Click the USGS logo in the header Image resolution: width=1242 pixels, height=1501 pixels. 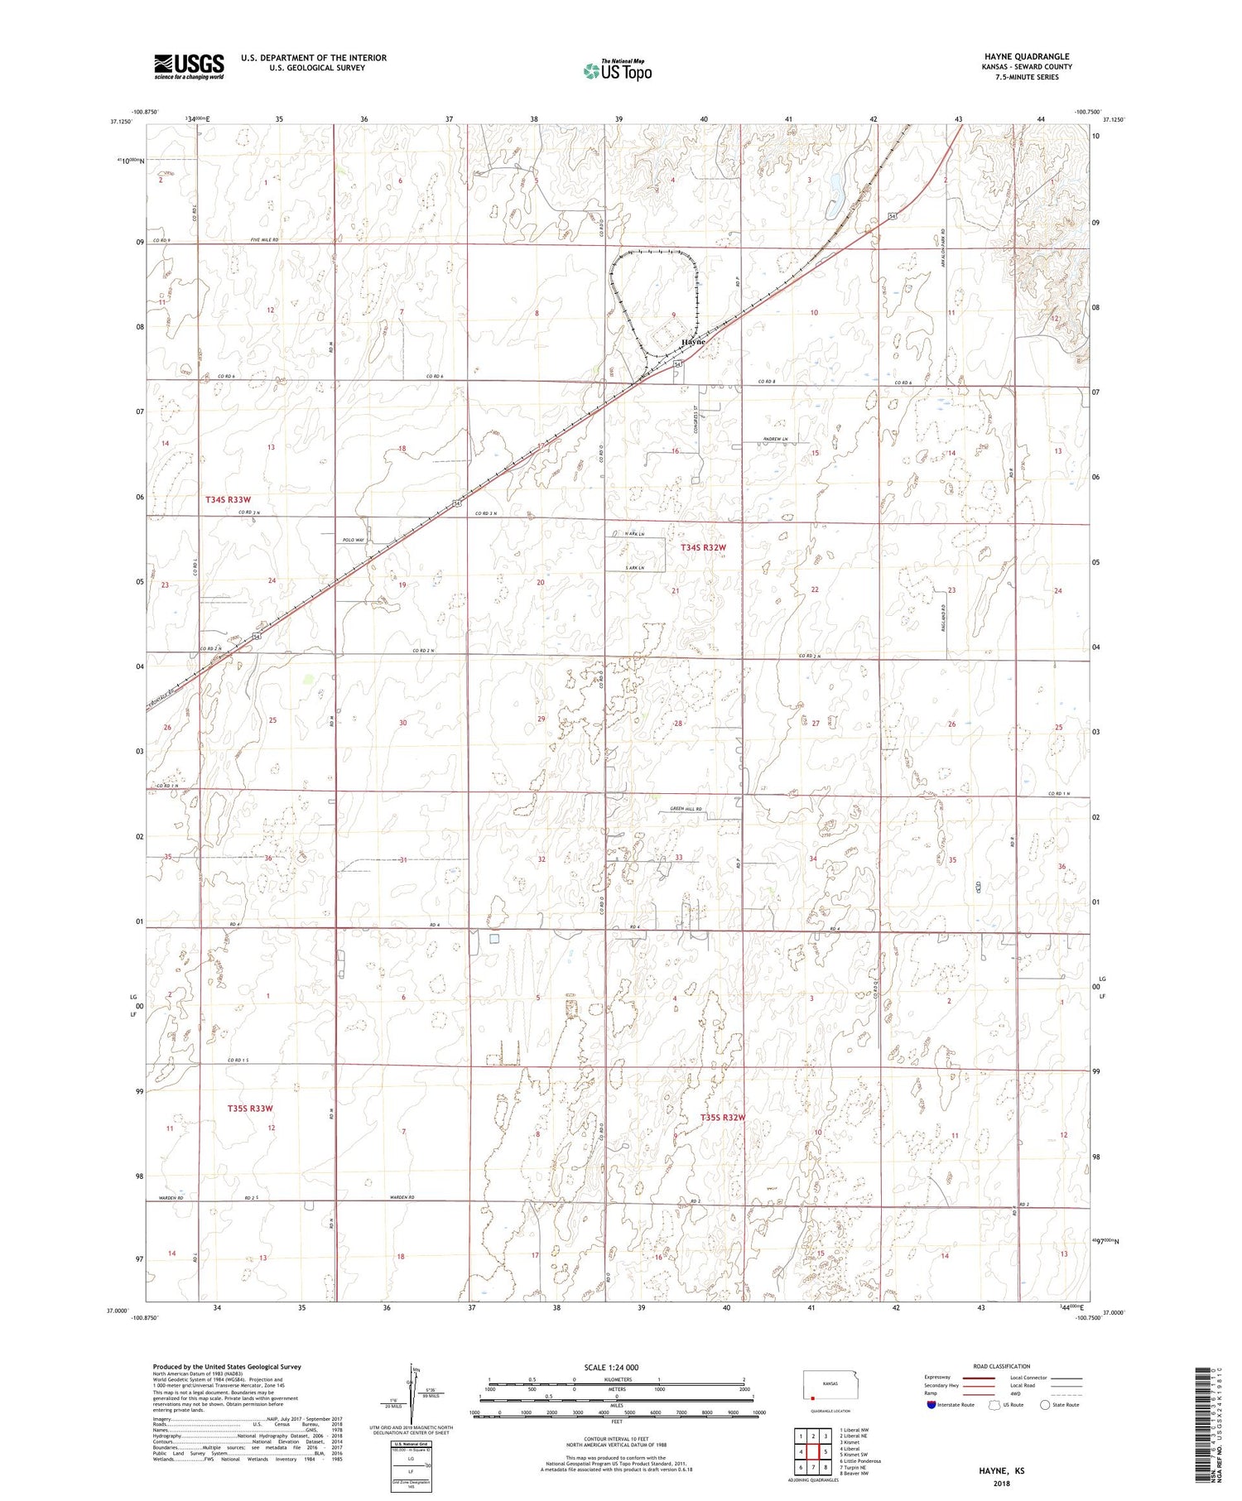pyautogui.click(x=189, y=66)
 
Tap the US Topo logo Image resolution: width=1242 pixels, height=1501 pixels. pyautogui.click(x=617, y=71)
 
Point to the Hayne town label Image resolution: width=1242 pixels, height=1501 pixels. pyautogui.click(x=693, y=342)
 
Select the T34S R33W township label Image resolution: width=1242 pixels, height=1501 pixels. pyautogui.click(x=228, y=500)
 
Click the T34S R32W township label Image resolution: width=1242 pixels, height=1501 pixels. pyautogui.click(x=703, y=548)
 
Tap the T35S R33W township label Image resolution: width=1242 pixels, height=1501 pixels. pyautogui.click(x=250, y=1108)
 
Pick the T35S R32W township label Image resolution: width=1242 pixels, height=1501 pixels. pyautogui.click(x=723, y=1118)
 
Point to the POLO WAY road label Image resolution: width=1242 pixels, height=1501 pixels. pyautogui.click(x=354, y=540)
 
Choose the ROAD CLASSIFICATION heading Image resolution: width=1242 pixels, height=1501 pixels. pyautogui.click(x=1002, y=1366)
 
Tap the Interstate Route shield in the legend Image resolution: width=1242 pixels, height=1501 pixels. pyautogui.click(x=931, y=1405)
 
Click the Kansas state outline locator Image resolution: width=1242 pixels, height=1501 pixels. pyautogui.click(x=826, y=1385)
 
